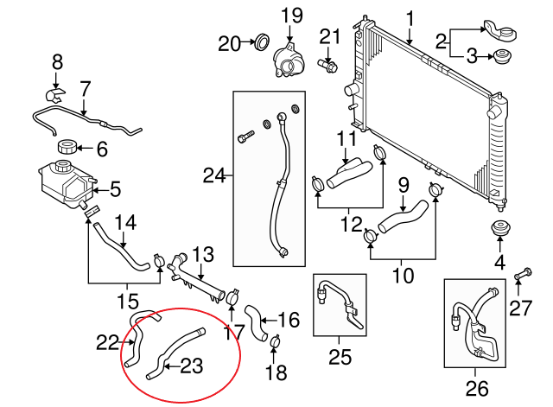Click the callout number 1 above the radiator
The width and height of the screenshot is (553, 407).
click(410, 16)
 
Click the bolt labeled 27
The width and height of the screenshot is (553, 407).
click(518, 276)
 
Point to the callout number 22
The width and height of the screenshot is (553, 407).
click(106, 342)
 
